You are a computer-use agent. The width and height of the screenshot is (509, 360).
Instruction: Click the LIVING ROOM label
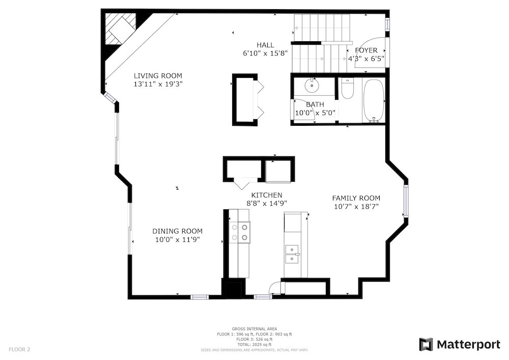coord(158,76)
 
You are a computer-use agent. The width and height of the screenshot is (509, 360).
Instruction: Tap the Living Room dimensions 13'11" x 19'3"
coord(158,84)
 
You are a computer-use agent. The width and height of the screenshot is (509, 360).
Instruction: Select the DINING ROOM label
coord(177,231)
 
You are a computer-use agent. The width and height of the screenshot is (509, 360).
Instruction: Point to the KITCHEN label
coord(267,195)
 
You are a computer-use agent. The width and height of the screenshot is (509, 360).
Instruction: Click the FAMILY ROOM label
coord(356,198)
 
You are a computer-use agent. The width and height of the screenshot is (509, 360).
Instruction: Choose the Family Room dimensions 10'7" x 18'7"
coord(356,206)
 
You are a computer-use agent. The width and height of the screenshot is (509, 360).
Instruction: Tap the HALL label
coord(265,45)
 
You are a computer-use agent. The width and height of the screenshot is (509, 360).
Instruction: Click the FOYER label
coord(366,50)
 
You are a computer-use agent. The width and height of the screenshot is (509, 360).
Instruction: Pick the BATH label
coord(315,104)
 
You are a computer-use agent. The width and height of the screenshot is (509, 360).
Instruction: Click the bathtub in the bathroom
coord(374,101)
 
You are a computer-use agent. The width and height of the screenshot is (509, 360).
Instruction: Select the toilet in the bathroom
coord(347,88)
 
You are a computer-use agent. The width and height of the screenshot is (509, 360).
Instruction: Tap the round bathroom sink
coord(312,86)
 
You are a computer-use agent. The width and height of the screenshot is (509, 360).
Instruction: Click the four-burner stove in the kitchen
coord(240,232)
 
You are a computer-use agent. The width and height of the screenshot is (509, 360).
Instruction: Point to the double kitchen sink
coord(292,254)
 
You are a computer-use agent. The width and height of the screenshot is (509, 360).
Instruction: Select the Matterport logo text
coord(468,344)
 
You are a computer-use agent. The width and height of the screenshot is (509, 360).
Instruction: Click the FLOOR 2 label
coord(19,350)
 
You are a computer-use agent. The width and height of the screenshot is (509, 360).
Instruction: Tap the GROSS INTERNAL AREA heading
coord(254,329)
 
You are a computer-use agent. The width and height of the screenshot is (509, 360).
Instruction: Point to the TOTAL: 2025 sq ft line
coord(254,344)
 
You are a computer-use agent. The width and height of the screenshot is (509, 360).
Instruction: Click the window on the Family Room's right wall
coord(406,201)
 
